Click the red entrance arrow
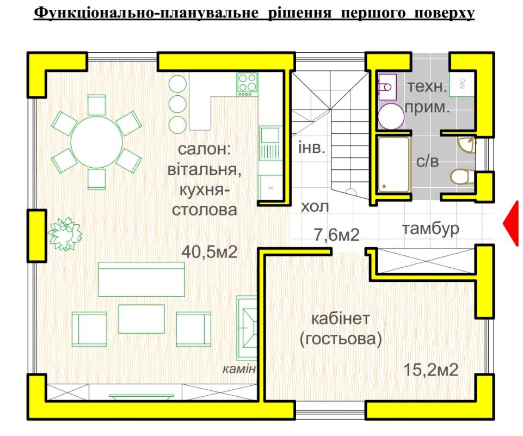pyautogui.click(x=512, y=224)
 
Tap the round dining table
pyautogui.click(x=97, y=142)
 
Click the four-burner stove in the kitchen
pyautogui.click(x=248, y=84)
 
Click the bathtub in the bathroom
pyautogui.click(x=393, y=165)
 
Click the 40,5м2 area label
pyautogui.click(x=210, y=252)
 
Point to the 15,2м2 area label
pyautogui.click(x=430, y=370)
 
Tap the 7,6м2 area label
pyautogui.click(x=337, y=235)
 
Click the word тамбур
pyautogui.click(x=430, y=229)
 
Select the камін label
pyautogui.click(x=239, y=369)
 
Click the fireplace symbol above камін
pyautogui.click(x=247, y=328)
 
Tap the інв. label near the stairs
pyautogui.click(x=311, y=148)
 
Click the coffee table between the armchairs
pyautogui.click(x=141, y=319)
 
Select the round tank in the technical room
pyautogui.click(x=391, y=116)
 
